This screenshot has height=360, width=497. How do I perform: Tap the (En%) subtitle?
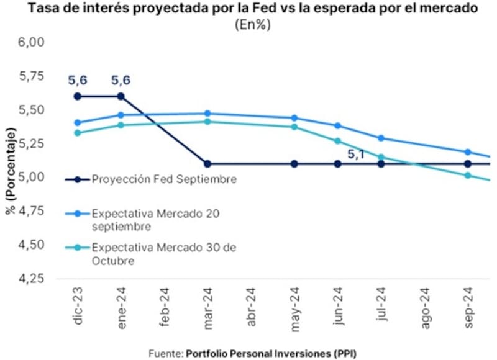248,25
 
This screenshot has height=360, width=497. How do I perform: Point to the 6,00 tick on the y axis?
32,42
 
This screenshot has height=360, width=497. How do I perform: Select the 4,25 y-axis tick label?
32,279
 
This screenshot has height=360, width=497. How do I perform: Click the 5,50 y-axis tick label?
32,110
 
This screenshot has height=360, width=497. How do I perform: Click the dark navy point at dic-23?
78,96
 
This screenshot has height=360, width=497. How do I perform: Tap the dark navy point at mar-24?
207,164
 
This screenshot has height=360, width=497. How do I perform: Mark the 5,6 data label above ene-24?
121,80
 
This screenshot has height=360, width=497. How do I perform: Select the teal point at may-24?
294,127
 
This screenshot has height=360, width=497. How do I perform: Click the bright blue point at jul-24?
381,138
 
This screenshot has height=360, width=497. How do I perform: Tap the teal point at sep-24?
467,175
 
